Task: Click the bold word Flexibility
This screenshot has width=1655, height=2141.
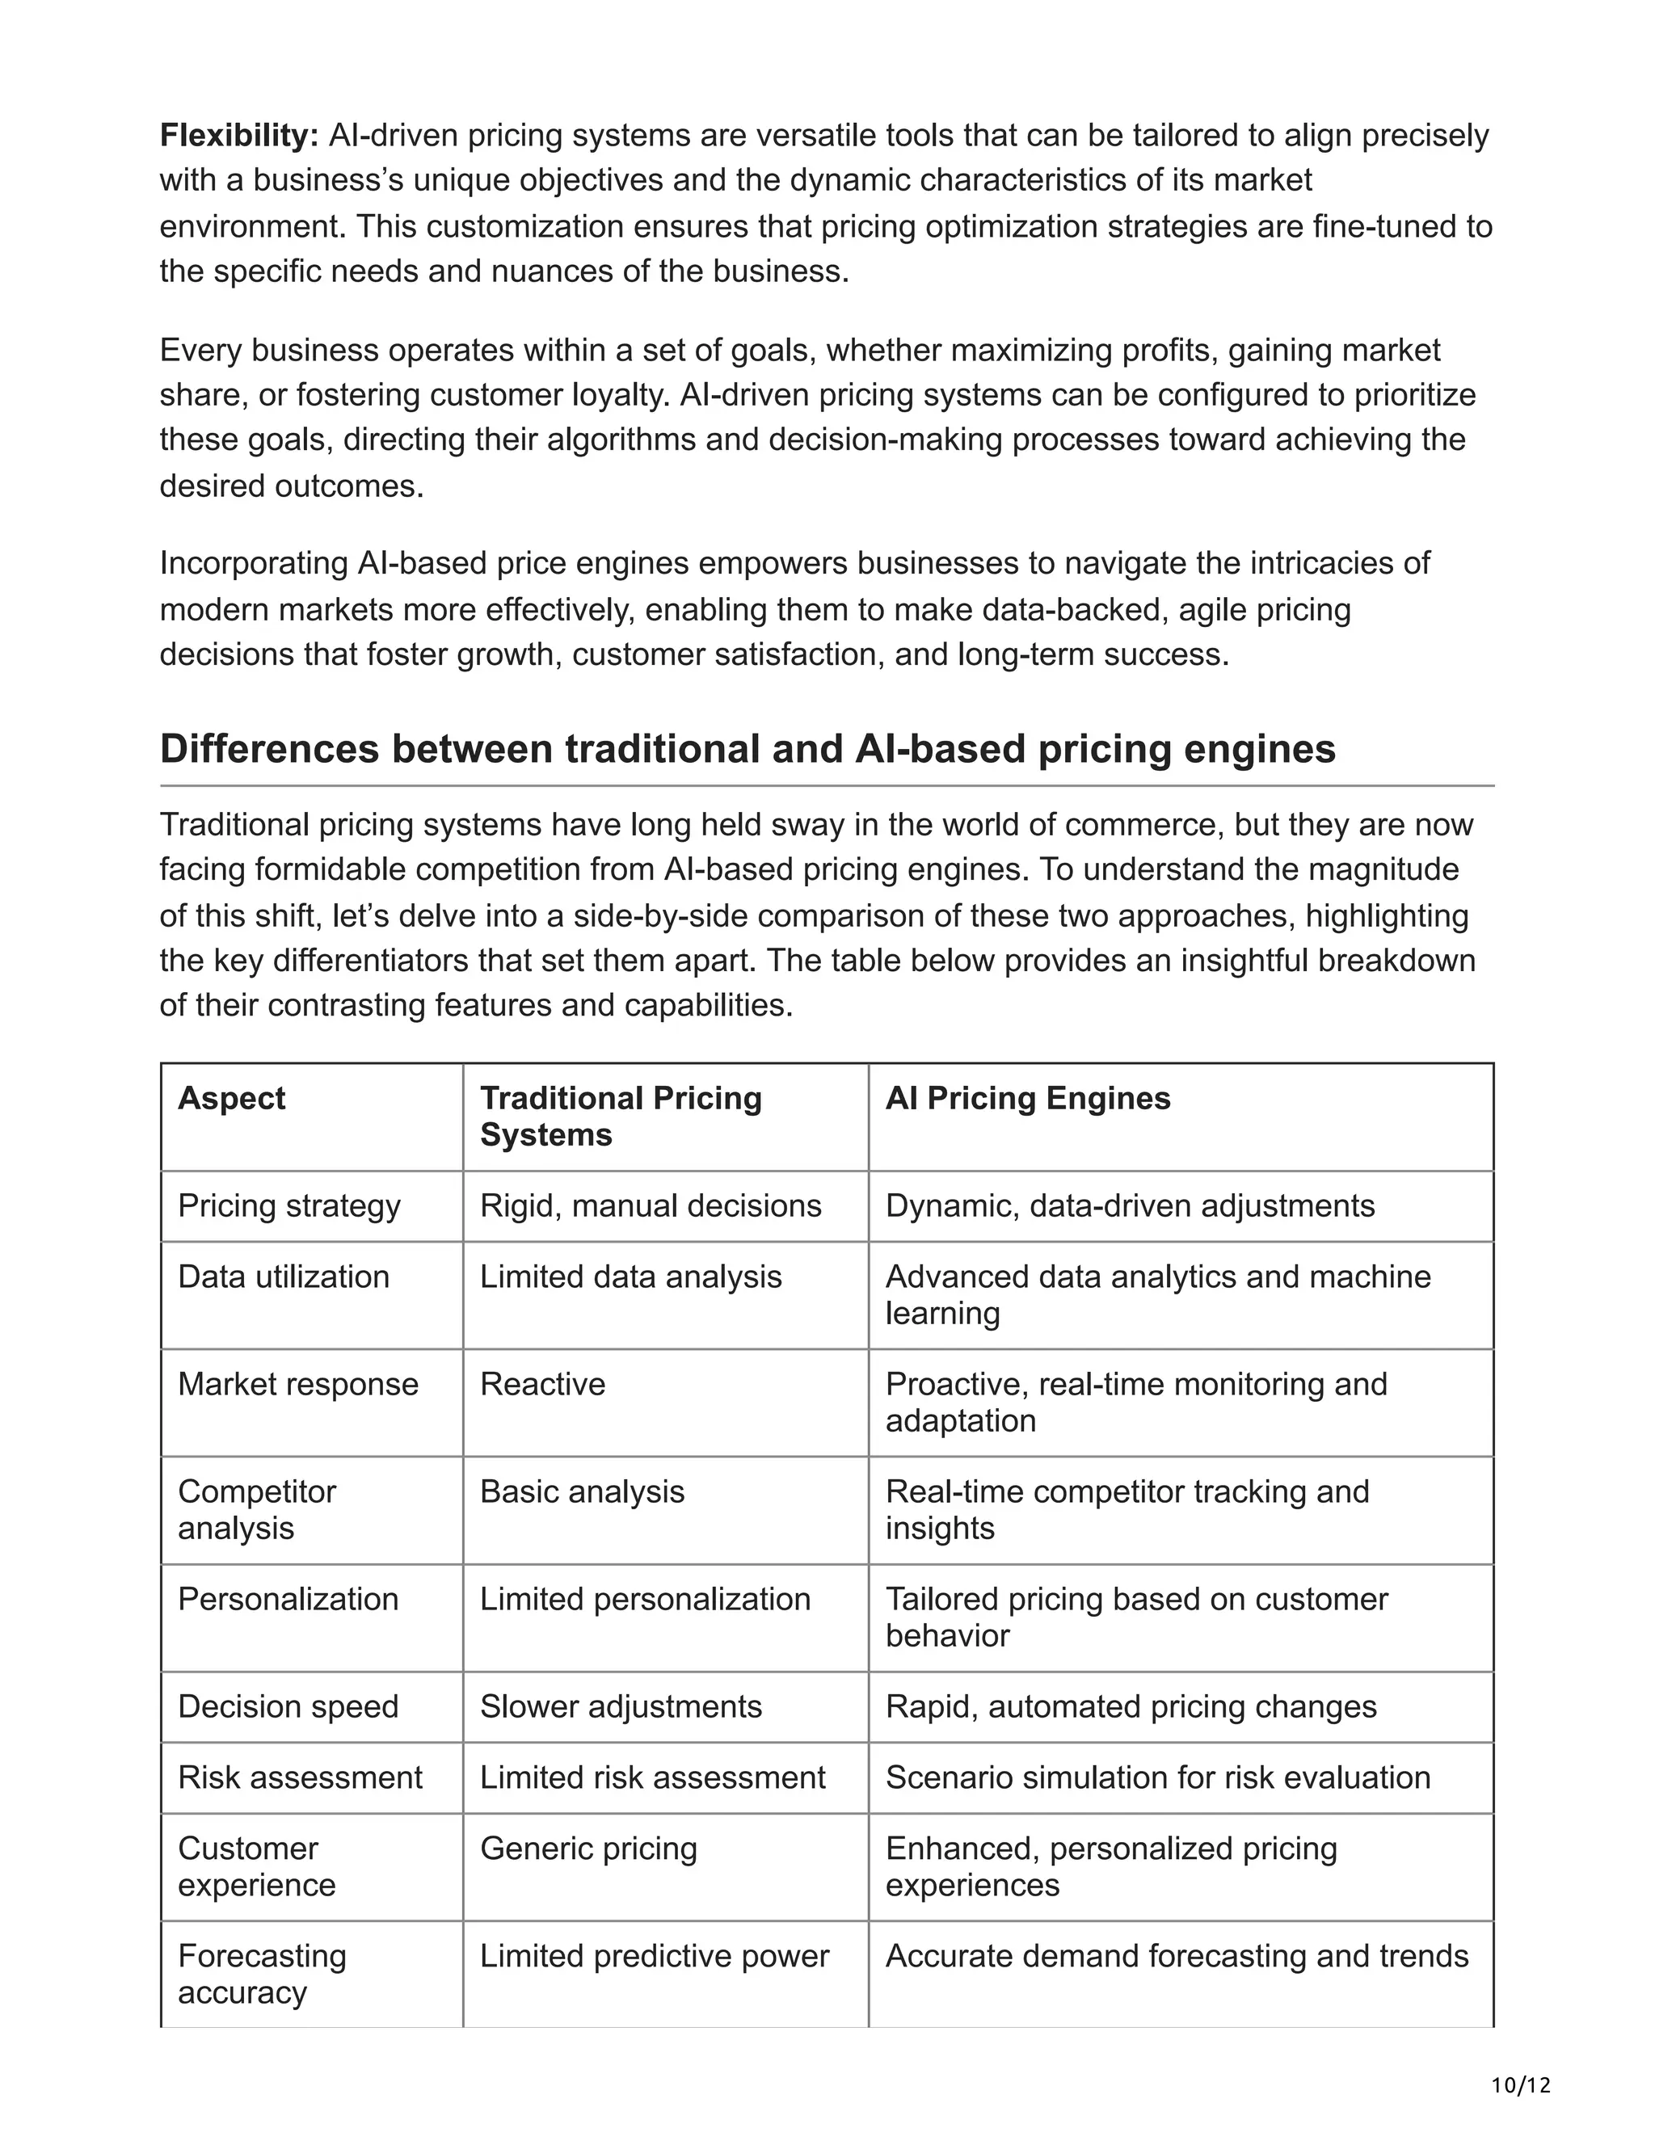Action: coord(239,135)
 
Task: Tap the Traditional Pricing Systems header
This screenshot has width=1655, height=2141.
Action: coord(620,1116)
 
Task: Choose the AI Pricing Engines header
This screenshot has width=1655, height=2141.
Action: coord(1028,1098)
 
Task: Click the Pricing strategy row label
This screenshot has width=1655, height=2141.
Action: coord(289,1205)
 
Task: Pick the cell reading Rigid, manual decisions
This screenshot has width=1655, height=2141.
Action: coord(650,1205)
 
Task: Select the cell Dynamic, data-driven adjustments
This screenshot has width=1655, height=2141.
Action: coord(1130,1205)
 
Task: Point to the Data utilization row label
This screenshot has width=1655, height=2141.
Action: coord(284,1277)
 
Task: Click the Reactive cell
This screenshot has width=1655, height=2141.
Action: coord(542,1384)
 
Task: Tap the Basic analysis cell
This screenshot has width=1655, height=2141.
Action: coord(581,1492)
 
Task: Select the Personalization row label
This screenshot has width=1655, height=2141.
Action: coord(288,1599)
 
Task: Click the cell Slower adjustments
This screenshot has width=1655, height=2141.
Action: coord(621,1706)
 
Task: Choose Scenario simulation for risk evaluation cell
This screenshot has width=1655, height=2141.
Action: coord(1157,1777)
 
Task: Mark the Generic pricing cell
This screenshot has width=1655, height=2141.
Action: coord(588,1849)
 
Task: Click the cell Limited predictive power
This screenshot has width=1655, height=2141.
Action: coord(654,1956)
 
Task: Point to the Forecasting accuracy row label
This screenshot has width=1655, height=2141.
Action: coord(262,1974)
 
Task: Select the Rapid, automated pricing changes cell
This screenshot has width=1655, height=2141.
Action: coord(1131,1706)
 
